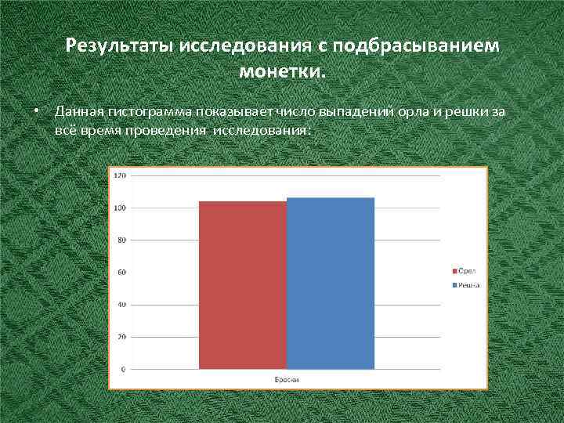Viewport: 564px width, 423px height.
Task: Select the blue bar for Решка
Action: [x=331, y=283]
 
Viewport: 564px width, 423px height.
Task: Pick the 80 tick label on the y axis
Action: [x=121, y=240]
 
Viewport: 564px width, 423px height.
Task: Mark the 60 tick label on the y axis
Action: [x=121, y=273]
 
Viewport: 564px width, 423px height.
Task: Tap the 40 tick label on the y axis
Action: [x=121, y=305]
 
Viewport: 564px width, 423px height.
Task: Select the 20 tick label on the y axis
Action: [x=121, y=337]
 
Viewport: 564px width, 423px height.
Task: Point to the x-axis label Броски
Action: [x=287, y=379]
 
